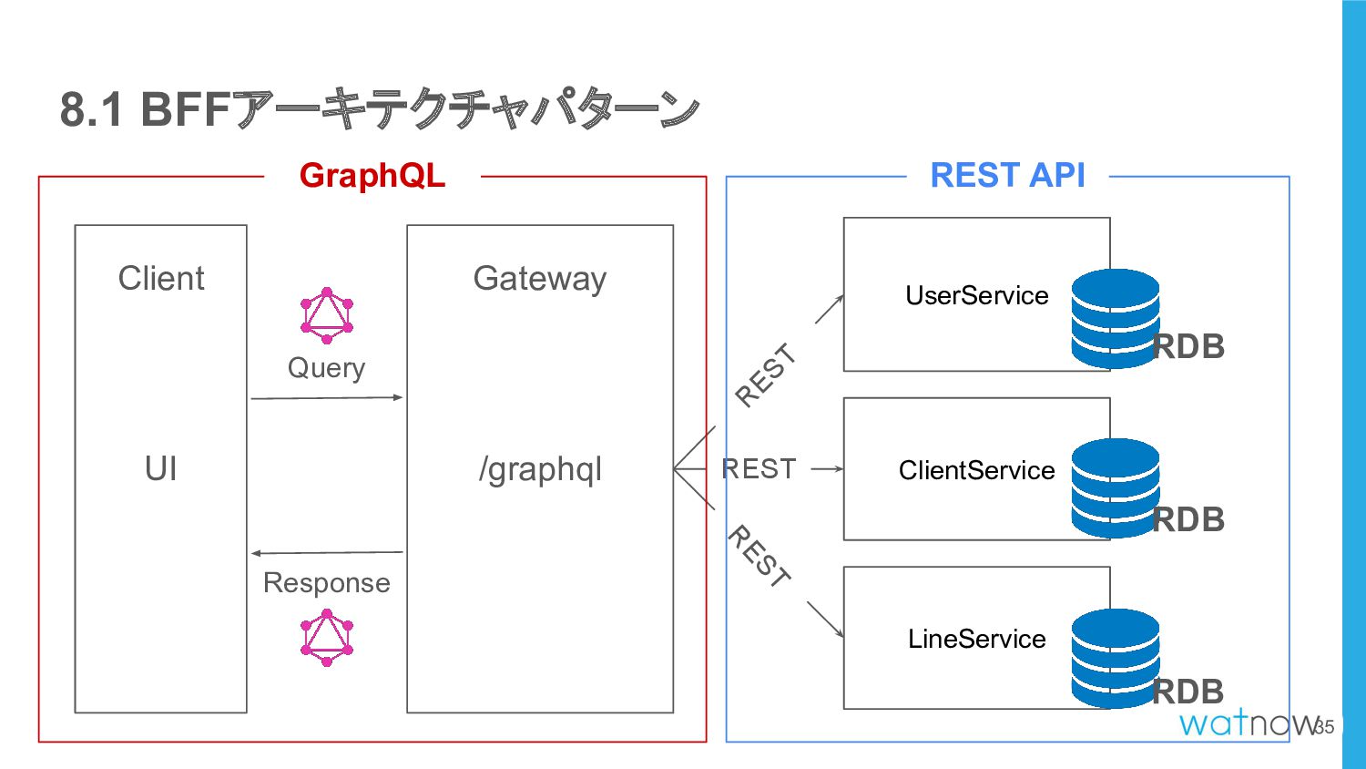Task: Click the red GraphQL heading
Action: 372,176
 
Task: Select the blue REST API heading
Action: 1007,175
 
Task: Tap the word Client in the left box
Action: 161,278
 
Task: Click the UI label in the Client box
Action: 161,468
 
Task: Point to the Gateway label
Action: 540,280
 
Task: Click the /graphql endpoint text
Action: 540,470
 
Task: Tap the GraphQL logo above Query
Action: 327,315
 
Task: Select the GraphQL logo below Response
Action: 327,638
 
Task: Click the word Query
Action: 326,369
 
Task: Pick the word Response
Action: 326,583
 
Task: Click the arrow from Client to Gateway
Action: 327,398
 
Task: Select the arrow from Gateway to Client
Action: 327,553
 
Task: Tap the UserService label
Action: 977,295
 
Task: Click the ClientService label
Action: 976,470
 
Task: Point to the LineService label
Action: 976,639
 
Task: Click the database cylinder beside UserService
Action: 1116,319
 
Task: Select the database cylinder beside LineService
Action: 1116,659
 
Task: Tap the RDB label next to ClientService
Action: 1188,520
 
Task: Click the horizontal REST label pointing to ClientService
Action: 759,468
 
